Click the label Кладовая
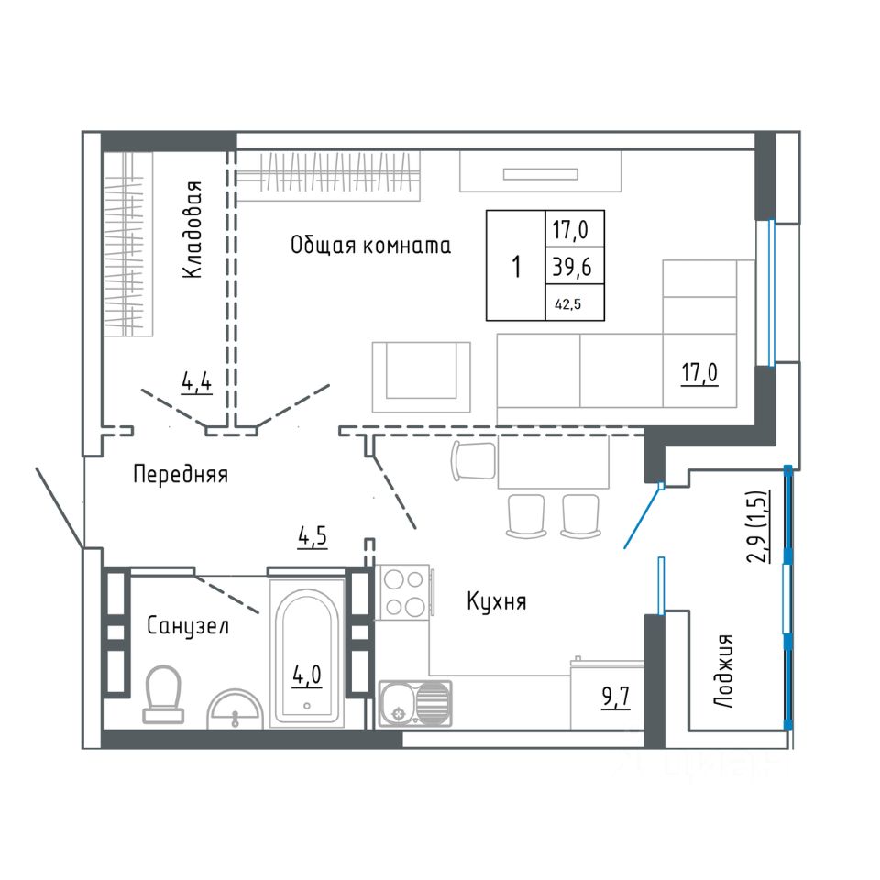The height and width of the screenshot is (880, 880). coord(192,230)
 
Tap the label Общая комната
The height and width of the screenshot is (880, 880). coord(370,246)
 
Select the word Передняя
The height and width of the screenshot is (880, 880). coord(180,475)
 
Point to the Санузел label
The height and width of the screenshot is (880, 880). coord(188,626)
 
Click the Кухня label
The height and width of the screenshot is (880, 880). coord(496,602)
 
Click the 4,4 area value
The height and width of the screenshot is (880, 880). coord(197,381)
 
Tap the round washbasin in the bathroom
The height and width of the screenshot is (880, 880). coord(236,709)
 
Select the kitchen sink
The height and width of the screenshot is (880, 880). coord(415,704)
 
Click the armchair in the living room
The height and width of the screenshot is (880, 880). coord(422,377)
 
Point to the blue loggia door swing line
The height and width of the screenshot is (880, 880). coord(643,517)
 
